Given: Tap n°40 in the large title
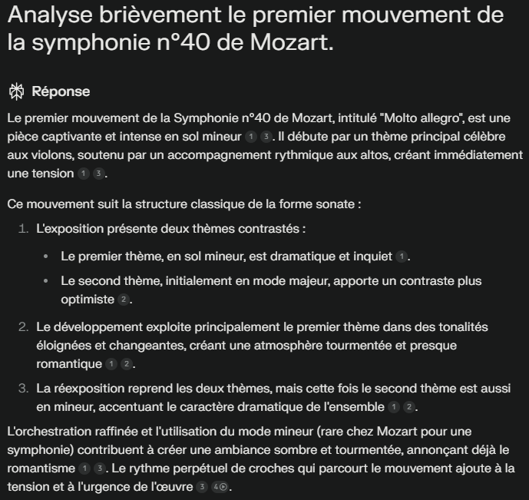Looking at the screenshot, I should [x=178, y=43].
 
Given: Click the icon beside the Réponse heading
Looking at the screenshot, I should [x=15, y=91].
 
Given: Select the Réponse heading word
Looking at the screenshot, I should [x=61, y=91].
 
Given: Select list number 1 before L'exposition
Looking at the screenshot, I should [x=25, y=229].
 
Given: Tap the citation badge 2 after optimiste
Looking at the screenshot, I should [x=124, y=300].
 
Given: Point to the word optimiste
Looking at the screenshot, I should [x=87, y=300].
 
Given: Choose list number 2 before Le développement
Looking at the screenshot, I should [x=24, y=327].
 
